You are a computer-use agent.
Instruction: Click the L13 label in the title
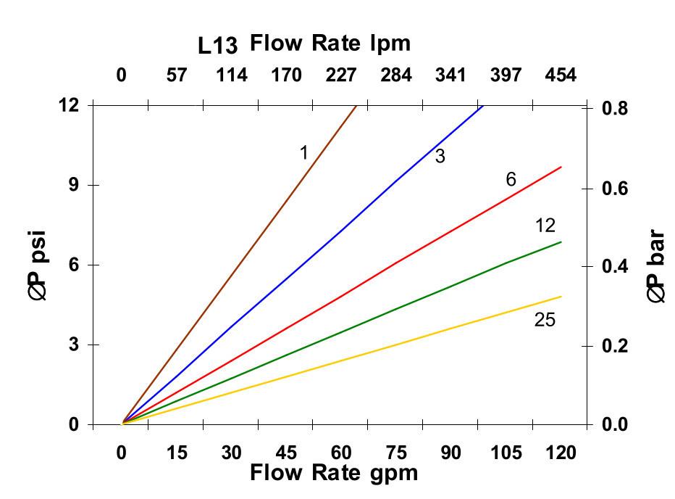218,46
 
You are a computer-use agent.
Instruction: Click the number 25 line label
545,319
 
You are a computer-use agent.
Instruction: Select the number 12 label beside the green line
545,226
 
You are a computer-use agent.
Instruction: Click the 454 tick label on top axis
561,75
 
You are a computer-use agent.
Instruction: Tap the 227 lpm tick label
341,75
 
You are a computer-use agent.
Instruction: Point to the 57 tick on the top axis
177,75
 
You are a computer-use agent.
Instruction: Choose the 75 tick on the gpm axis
396,453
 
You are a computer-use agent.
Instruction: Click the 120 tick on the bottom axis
561,453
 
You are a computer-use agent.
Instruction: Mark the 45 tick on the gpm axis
286,453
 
